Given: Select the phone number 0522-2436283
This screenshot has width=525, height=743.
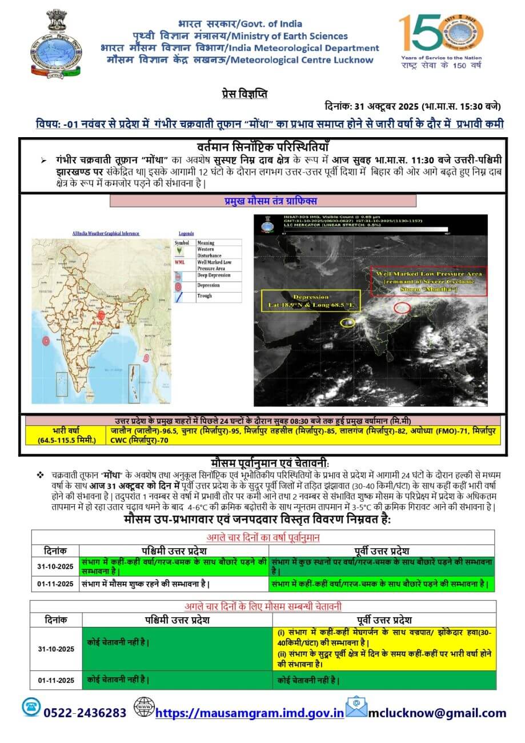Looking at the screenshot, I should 85,713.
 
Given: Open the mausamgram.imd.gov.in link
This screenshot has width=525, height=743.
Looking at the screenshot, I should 250,713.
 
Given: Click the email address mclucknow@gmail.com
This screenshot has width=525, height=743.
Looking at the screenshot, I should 437,713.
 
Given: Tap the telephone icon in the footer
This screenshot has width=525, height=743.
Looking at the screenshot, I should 31,707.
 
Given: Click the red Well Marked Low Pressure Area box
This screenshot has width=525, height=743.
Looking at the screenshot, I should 428,281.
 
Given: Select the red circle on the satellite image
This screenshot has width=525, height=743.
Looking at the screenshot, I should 402,307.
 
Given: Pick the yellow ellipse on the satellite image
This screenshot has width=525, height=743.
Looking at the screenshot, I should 347,323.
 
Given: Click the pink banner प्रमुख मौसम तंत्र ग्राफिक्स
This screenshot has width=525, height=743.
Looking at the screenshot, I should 263,201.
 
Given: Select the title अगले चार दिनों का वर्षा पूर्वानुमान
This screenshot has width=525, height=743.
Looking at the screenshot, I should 263,538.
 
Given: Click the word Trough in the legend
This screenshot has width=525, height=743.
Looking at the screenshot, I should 204,295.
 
